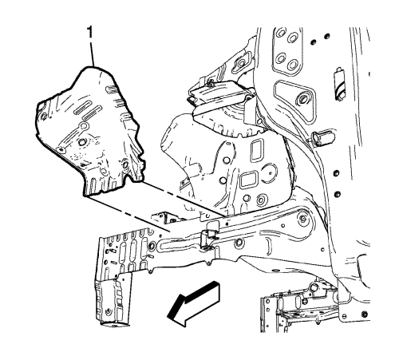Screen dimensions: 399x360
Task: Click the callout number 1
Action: click(91, 33)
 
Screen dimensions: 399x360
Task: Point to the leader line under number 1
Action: click(93, 53)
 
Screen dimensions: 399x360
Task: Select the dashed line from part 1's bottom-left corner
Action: click(127, 213)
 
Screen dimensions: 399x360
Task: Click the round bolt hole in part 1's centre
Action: click(81, 142)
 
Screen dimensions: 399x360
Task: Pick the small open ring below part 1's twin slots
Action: click(83, 125)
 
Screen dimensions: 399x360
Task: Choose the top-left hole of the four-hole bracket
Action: click(280, 34)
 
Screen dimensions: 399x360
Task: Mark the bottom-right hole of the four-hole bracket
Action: click(293, 65)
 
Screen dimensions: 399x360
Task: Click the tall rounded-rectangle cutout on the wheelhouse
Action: click(256, 151)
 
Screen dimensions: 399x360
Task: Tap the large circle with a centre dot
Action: click(269, 173)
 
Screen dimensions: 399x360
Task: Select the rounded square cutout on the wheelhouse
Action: click(247, 180)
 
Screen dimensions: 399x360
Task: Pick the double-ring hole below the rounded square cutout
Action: click(261, 200)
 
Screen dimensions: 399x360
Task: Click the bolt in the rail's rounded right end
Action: click(302, 219)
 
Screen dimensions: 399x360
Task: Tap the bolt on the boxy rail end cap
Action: click(108, 311)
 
